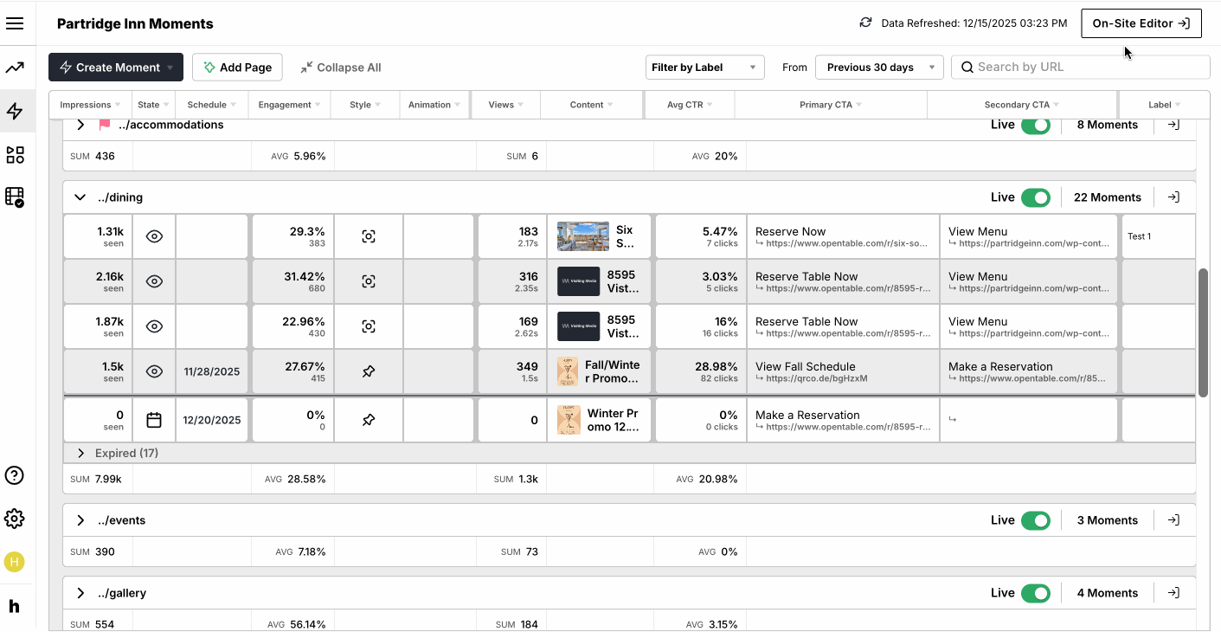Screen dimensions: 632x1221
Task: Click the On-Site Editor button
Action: (x=1141, y=23)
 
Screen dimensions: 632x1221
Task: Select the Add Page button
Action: (x=237, y=68)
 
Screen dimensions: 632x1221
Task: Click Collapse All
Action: (x=340, y=68)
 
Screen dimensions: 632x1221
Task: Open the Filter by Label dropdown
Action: (x=704, y=68)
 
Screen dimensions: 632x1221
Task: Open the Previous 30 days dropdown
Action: (x=878, y=68)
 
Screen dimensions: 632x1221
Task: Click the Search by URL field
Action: (x=1082, y=68)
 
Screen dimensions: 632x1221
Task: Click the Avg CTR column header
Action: (x=689, y=105)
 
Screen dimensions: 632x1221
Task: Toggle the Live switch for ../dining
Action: (x=1035, y=197)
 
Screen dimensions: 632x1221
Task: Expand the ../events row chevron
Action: (x=80, y=520)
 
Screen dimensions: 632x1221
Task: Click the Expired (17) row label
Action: (x=126, y=453)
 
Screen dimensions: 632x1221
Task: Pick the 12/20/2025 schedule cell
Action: (x=212, y=420)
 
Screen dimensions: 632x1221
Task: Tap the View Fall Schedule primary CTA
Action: (x=805, y=366)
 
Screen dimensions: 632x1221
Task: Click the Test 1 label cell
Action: (x=1139, y=236)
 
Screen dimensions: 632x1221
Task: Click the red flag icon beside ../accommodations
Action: (x=105, y=125)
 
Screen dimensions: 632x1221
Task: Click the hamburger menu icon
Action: (x=15, y=23)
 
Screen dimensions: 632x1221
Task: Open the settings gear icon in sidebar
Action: (x=15, y=519)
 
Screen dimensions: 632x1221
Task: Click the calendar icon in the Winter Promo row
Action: (x=154, y=420)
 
